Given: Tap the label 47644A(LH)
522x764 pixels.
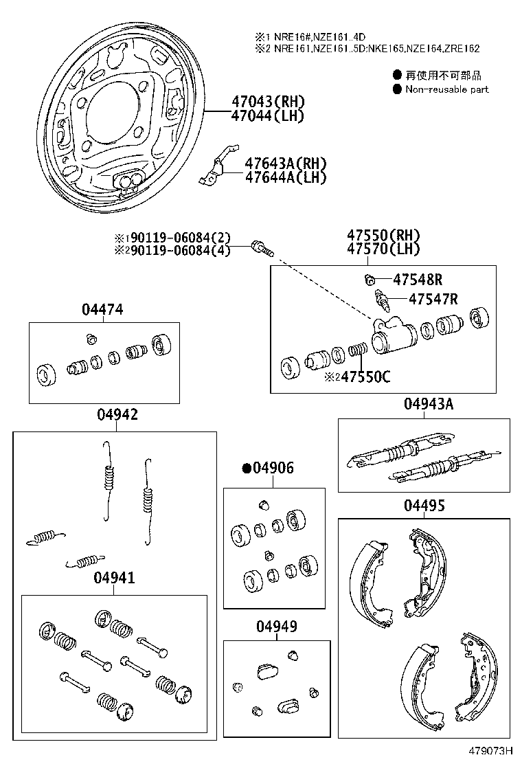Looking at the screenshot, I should tap(285, 177).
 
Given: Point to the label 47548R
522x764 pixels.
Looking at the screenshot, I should tap(417, 280).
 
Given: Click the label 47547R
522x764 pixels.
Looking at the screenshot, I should tap(433, 298).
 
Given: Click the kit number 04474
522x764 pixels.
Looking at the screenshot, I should tap(102, 310).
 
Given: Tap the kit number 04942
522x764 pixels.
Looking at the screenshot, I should tap(117, 414).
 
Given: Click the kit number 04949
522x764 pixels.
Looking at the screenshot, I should tap(277, 627).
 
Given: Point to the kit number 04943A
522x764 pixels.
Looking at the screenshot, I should tap(429, 404).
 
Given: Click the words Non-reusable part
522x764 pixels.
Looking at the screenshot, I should tap(446, 89).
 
